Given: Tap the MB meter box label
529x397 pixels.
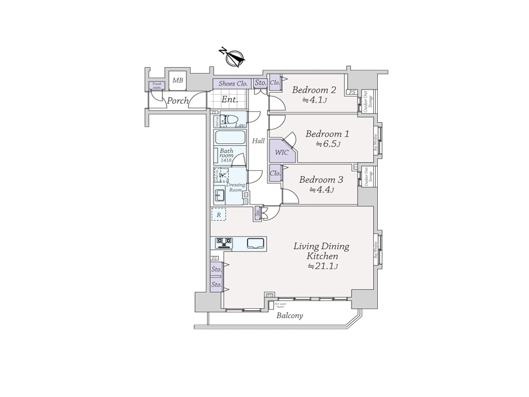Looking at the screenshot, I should tap(177, 81).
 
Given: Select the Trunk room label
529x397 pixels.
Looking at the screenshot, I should tap(157, 85).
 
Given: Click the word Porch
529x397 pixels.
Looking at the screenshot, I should tap(177, 101).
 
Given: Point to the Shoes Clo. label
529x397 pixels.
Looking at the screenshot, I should tap(232, 83).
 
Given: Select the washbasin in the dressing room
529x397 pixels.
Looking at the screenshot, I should tap(219, 195).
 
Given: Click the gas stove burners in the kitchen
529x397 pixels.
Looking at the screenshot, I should tap(223, 243).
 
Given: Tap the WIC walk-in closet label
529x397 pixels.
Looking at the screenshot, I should tap(281, 152).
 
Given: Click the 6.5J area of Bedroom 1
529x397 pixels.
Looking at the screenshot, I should tap(328, 145).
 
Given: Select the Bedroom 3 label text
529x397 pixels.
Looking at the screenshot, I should tap(321, 179).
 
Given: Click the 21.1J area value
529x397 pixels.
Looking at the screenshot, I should tap(323, 266).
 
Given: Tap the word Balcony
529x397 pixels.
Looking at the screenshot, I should tap(289, 315).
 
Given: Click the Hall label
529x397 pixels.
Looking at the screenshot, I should tap(258, 141).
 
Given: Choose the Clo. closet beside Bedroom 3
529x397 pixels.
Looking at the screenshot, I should tap(275, 174).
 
